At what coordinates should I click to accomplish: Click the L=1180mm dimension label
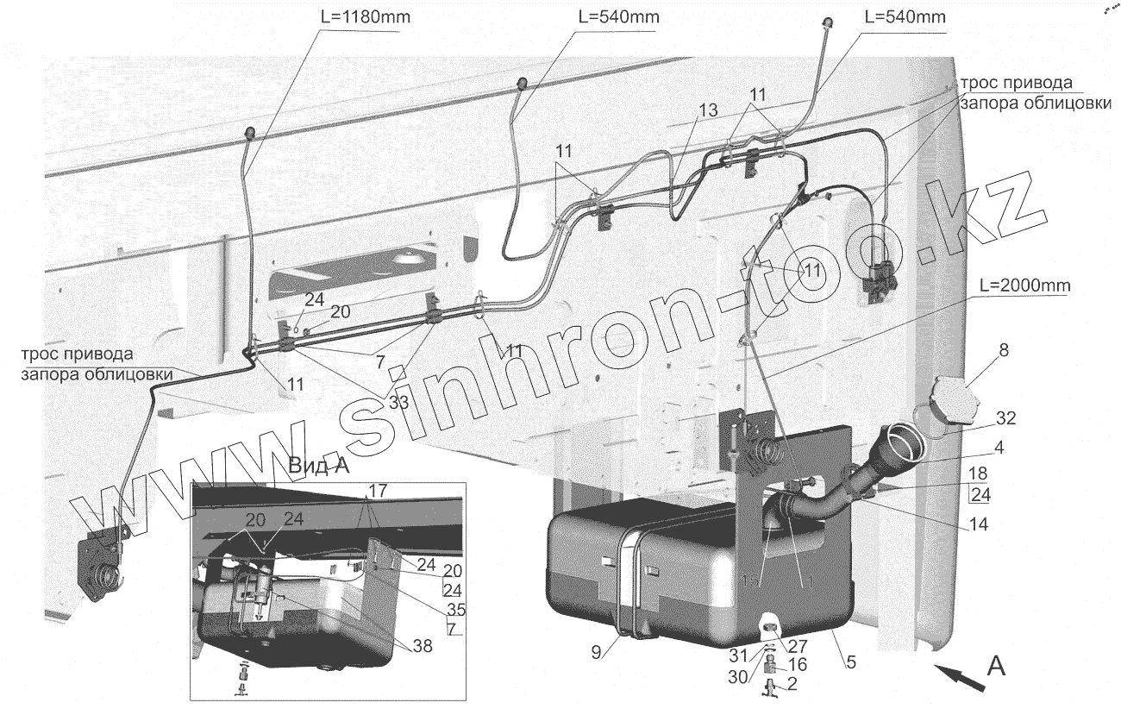pyautogui.click(x=355, y=17)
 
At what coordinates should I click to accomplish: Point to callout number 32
pyautogui.click(x=1005, y=419)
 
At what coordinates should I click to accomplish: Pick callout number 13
pyautogui.click(x=707, y=110)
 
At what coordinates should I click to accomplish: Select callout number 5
pyautogui.click(x=850, y=663)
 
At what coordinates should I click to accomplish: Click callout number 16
pyautogui.click(x=798, y=664)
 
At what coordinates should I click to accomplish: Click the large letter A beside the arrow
pyautogui.click(x=995, y=667)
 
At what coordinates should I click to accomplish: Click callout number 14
pyautogui.click(x=977, y=524)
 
